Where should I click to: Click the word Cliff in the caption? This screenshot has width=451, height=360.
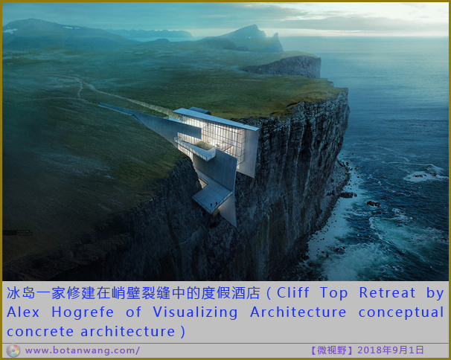[x=292, y=293]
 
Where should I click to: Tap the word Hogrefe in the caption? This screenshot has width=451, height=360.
[x=83, y=312]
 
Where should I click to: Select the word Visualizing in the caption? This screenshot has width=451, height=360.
[x=195, y=313]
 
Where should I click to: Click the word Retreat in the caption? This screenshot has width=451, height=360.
[x=387, y=293]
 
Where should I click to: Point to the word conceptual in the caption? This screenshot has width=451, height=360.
[x=401, y=313]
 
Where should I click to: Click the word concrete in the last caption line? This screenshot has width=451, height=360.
[x=40, y=332]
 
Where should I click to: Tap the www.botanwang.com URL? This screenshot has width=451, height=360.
[x=83, y=350]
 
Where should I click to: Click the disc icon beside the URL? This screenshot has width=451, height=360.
[x=13, y=351]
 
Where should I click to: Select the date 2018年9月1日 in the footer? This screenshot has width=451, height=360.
[x=391, y=350]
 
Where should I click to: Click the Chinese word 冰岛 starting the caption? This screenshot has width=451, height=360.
[x=21, y=293]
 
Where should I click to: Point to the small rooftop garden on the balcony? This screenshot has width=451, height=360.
[x=205, y=146]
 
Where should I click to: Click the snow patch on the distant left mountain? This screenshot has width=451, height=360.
[x=10, y=30]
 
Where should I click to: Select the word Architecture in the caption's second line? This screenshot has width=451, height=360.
[x=298, y=312]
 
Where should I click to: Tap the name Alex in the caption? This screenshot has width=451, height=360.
[x=23, y=312]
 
